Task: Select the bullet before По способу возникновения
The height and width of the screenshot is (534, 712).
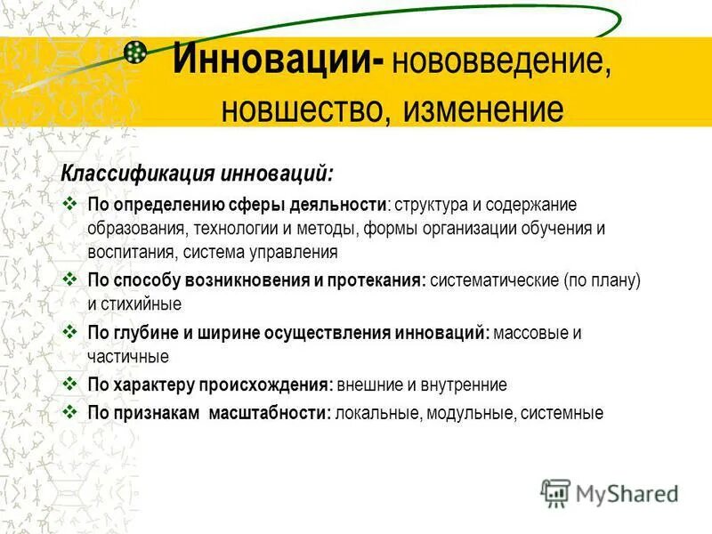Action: [72, 279]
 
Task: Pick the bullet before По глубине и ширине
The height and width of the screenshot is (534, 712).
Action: [72, 332]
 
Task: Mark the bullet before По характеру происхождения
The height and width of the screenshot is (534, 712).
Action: [72, 384]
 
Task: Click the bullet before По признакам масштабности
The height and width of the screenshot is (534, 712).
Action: [72, 412]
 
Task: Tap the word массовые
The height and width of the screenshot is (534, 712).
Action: [530, 333]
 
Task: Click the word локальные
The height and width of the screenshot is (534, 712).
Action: [377, 413]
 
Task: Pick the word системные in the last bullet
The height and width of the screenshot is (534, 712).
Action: [562, 413]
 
